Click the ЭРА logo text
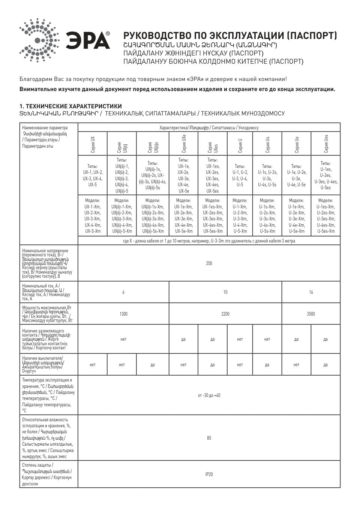click(x=88, y=40)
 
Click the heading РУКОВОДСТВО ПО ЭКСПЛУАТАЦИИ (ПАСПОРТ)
click(x=230, y=36)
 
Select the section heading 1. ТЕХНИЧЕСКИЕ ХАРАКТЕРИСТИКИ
click(x=70, y=106)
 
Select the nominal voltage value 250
click(x=209, y=263)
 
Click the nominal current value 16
click(x=311, y=292)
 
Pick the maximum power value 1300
click(x=123, y=314)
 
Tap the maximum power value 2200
click(x=225, y=314)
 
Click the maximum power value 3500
click(x=311, y=314)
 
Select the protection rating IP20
click(x=209, y=474)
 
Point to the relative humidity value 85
click(x=209, y=438)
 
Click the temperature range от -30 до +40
click(x=209, y=395)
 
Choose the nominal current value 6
click(x=123, y=292)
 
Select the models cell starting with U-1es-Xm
click(x=325, y=216)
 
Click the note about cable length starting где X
click(x=209, y=241)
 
